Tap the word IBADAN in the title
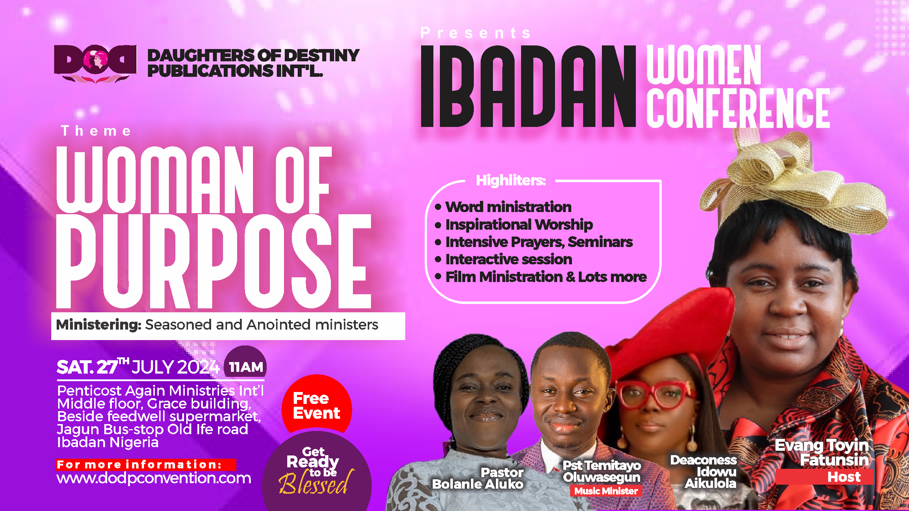click(x=528, y=86)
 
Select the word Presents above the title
click(x=476, y=33)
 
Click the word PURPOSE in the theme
click(x=214, y=261)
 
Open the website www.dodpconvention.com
click(x=154, y=478)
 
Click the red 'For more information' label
click(x=146, y=464)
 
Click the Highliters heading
click(x=511, y=180)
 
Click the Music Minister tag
click(x=606, y=491)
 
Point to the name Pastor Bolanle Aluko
click(x=478, y=478)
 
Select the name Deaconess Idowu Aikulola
click(x=704, y=472)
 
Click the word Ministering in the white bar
click(x=99, y=325)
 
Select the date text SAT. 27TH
click(x=93, y=367)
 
